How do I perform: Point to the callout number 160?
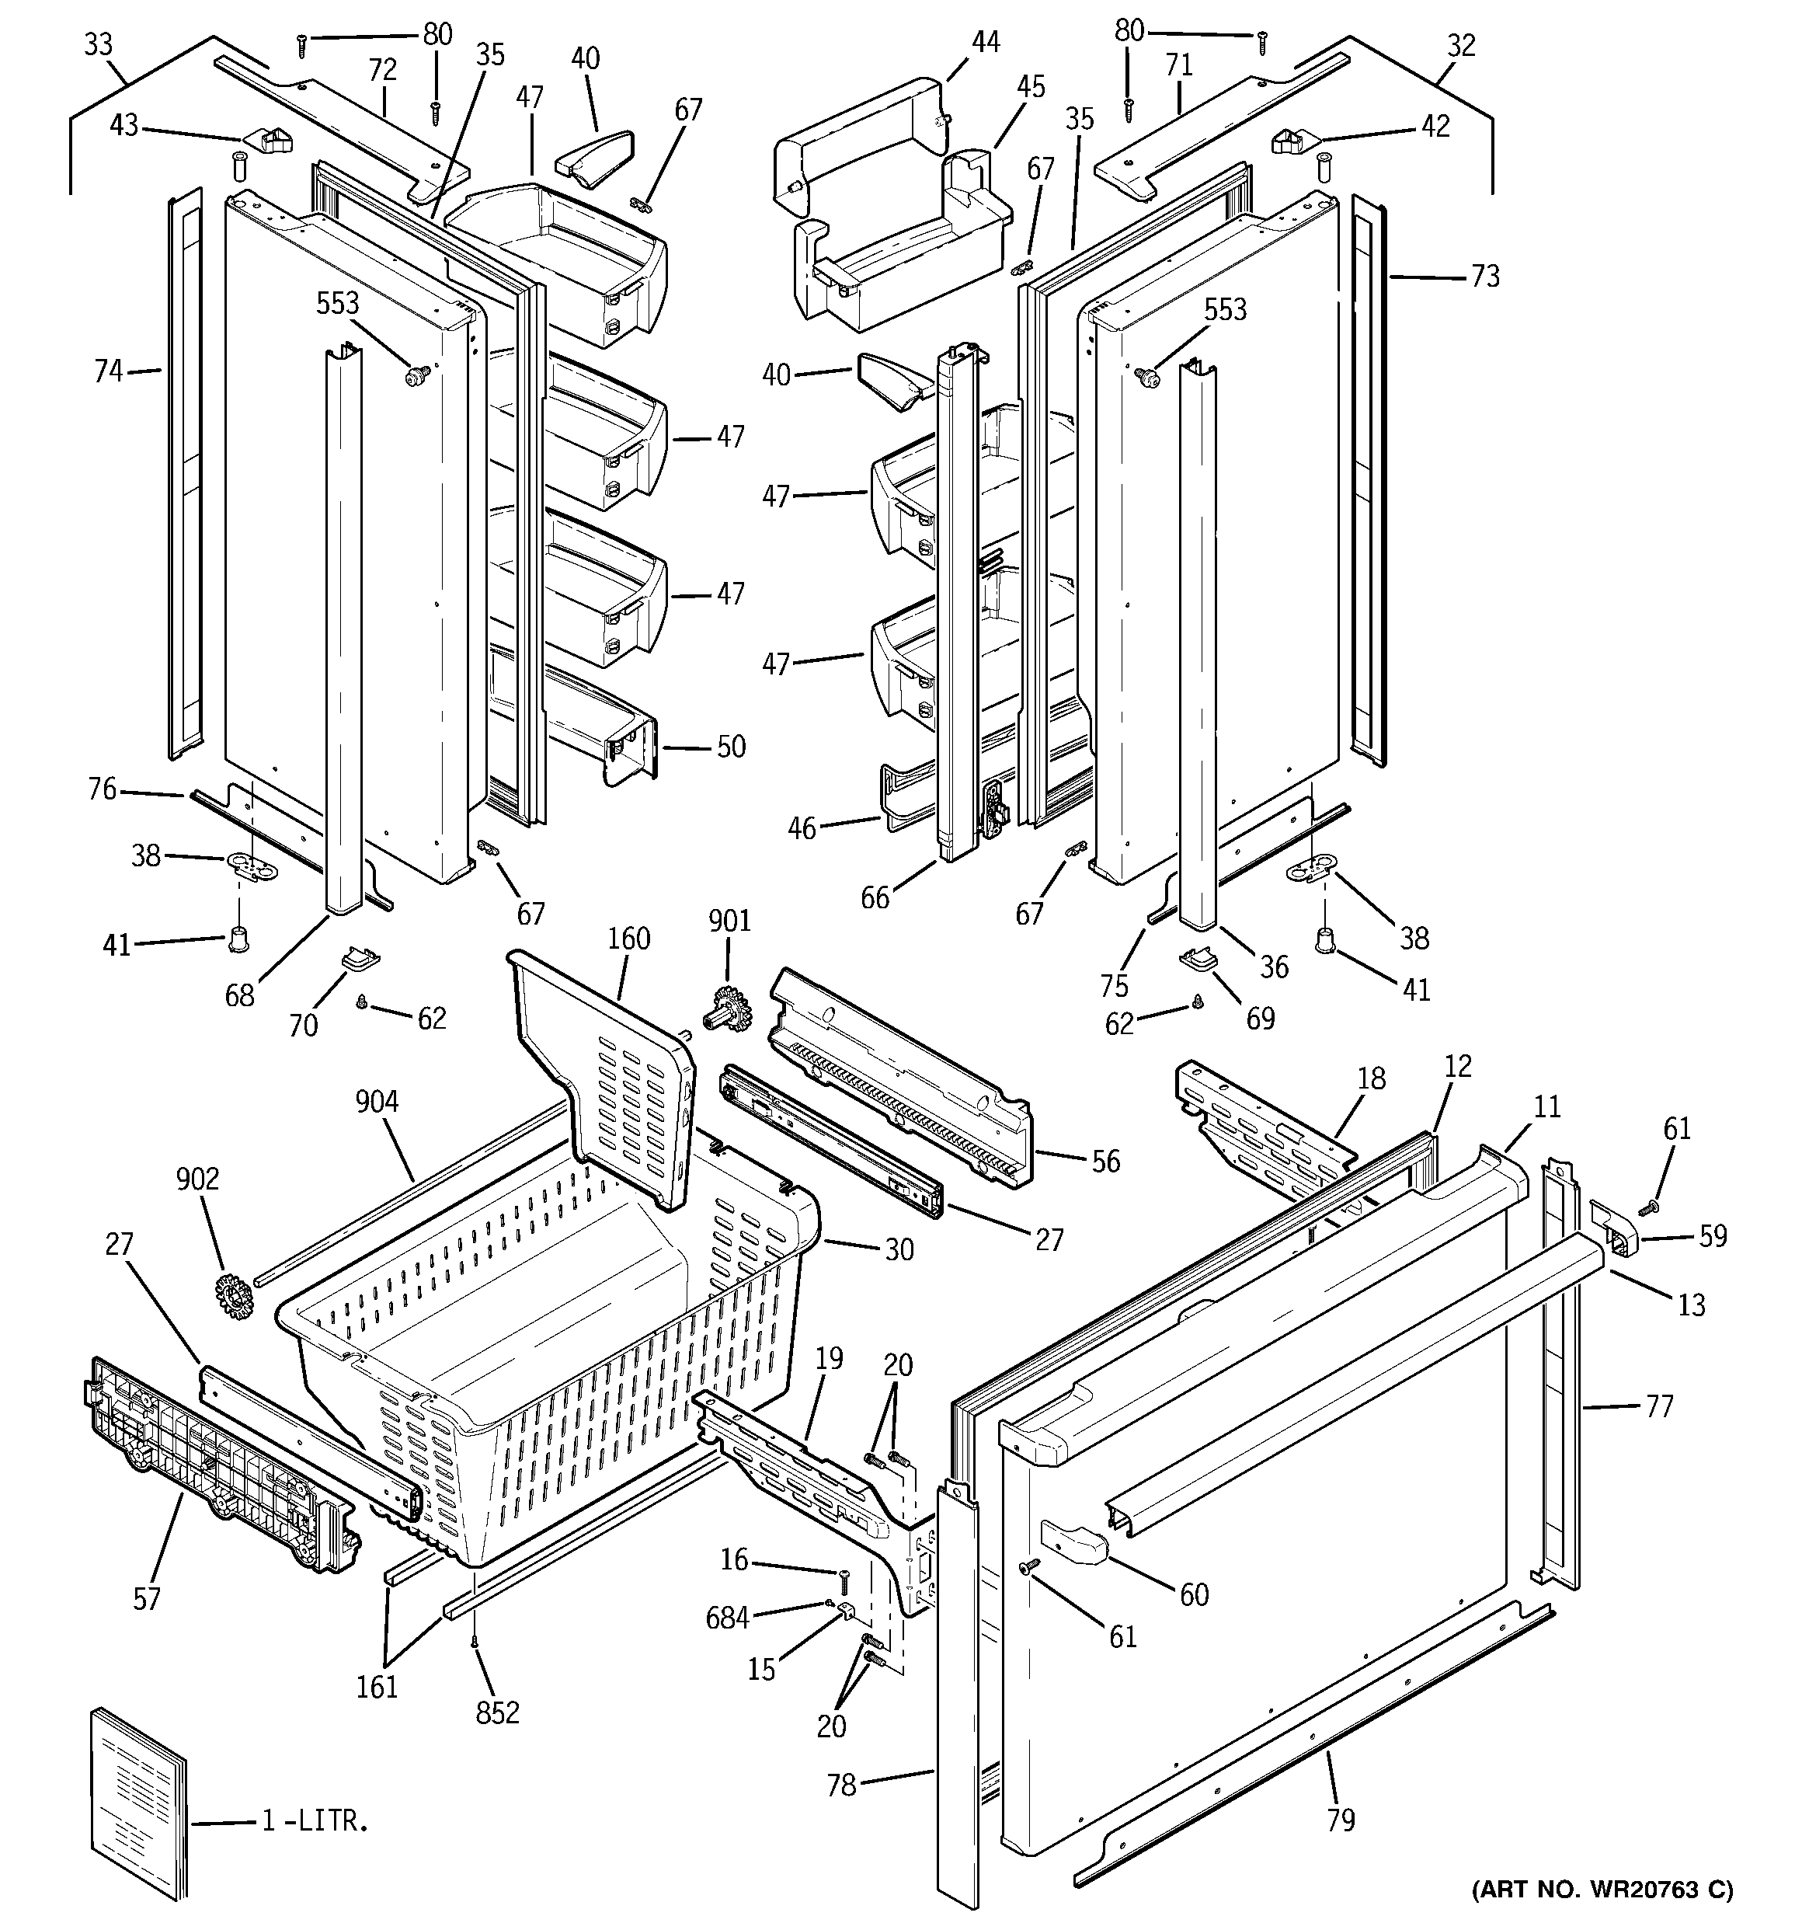(x=628, y=939)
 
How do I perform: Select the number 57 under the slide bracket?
(x=146, y=1599)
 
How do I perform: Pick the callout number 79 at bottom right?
(x=1341, y=1820)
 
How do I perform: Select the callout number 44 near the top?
(x=985, y=43)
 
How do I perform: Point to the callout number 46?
(x=802, y=828)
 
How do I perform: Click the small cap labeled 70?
(x=358, y=960)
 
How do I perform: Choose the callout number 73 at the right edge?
(x=1485, y=277)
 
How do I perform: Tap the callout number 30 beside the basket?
(x=899, y=1250)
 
